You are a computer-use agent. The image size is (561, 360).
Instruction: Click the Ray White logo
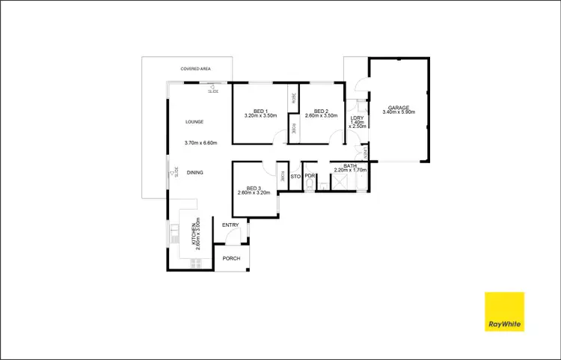505,311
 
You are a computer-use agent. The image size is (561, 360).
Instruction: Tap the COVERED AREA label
194,69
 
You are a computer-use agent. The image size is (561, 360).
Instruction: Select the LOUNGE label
194,121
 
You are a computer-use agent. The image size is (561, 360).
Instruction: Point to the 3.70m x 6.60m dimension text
200,143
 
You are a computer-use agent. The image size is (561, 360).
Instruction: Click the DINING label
194,173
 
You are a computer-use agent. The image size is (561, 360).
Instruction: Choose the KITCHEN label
193,234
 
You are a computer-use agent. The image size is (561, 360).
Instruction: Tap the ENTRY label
230,225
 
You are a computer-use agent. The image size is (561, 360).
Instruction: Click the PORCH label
231,259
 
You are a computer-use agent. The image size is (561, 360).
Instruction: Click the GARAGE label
398,106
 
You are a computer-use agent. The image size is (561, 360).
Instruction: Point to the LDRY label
357,118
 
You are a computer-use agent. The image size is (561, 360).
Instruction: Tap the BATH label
349,165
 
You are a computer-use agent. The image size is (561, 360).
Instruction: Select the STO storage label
295,177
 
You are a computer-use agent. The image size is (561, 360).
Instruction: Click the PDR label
309,177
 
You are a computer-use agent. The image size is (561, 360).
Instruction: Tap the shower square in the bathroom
343,182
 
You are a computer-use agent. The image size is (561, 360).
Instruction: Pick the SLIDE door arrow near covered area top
212,87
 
